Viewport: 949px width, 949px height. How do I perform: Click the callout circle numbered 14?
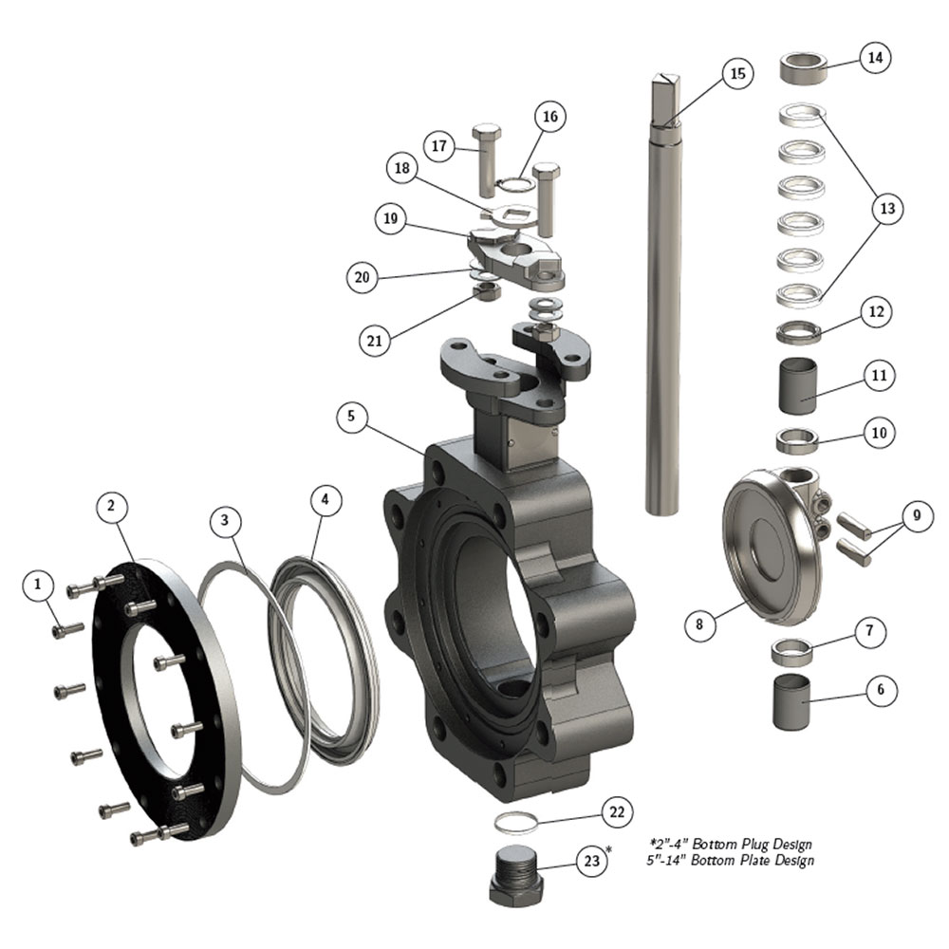(x=875, y=58)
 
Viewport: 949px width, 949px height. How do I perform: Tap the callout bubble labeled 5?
(x=351, y=417)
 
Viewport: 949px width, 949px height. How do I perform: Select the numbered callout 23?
(x=591, y=862)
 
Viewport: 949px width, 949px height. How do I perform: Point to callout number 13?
(x=887, y=209)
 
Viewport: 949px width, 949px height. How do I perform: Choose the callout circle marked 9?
(x=917, y=515)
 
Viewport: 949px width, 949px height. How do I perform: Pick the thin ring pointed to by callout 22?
(x=515, y=823)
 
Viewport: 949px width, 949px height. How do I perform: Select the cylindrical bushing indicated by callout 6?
(x=792, y=701)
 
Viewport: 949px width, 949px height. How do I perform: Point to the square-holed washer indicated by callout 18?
(x=514, y=214)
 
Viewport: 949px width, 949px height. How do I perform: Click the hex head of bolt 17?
(x=485, y=131)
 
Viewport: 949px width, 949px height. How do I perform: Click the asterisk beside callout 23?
(x=609, y=849)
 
